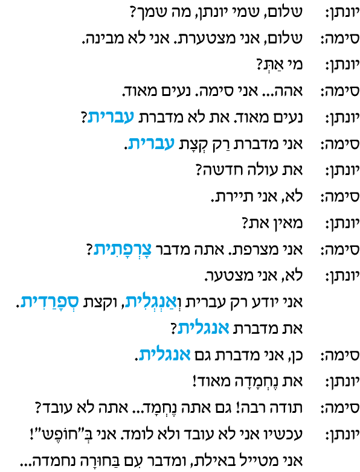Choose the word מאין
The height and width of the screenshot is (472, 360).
pos(288,223)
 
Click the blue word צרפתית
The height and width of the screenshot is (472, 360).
pos(122,249)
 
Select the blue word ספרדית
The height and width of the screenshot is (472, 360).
pos(50,302)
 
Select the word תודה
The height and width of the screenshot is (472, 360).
pos(288,408)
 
